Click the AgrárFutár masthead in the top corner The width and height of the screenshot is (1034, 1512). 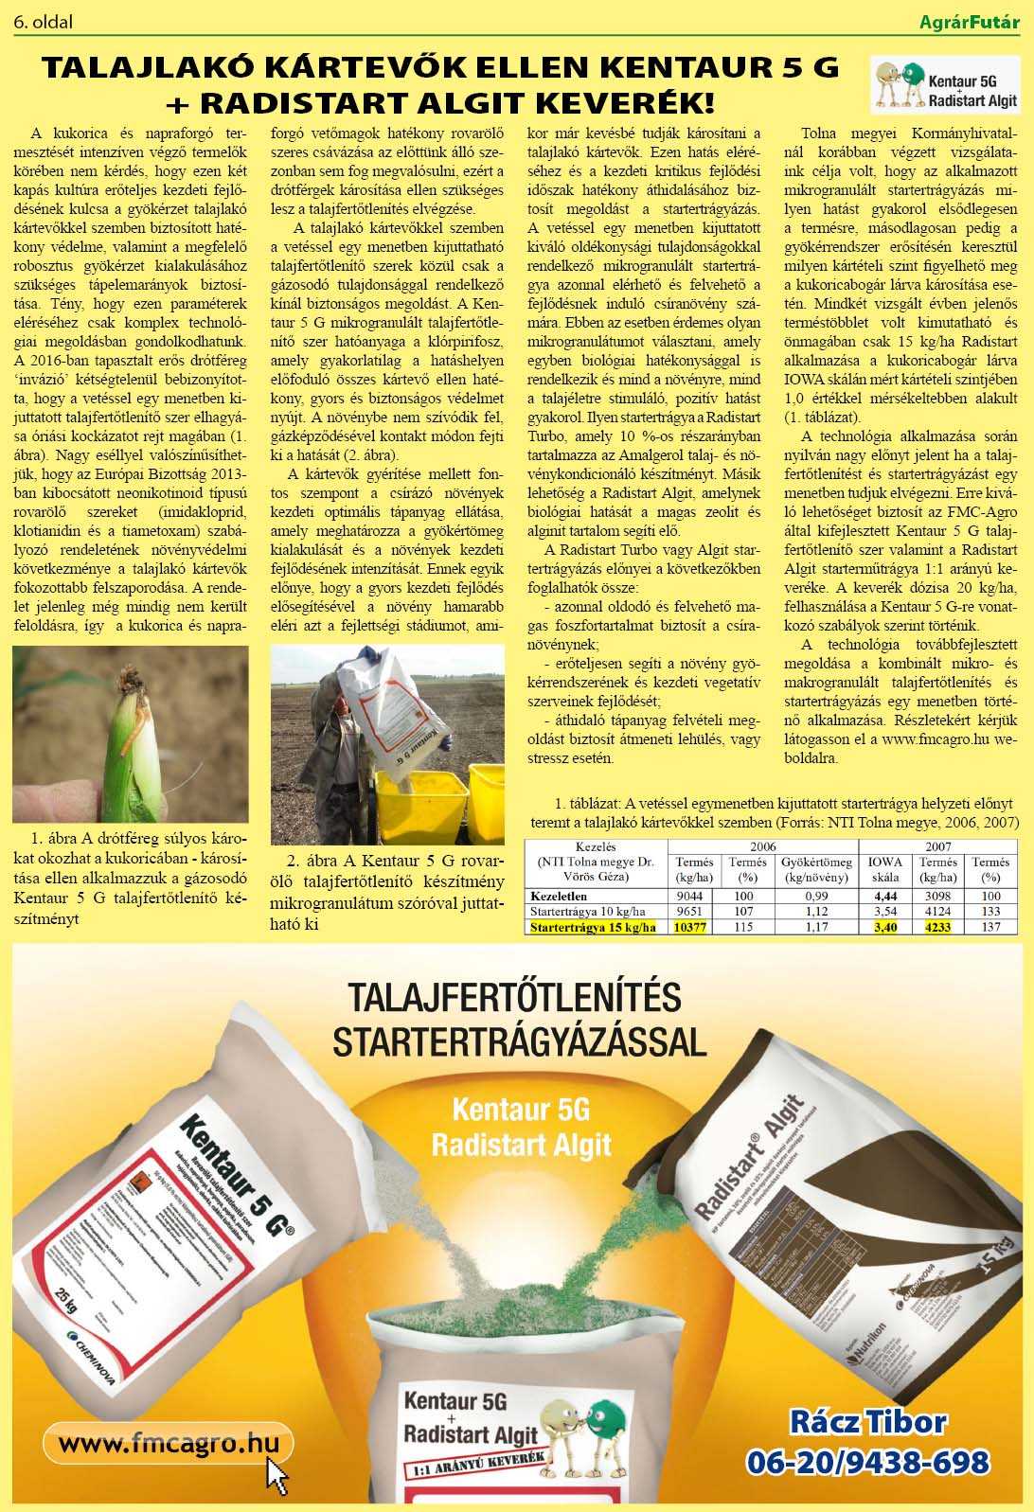[x=969, y=21]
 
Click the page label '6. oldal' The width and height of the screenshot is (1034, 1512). [x=44, y=21]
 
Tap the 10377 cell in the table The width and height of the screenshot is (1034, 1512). [x=690, y=927]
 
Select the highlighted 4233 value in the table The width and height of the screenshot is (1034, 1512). [x=937, y=927]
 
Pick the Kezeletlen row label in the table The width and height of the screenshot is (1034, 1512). [x=560, y=896]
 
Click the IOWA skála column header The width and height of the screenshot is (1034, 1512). [x=885, y=869]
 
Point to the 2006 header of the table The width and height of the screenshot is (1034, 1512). [x=762, y=846]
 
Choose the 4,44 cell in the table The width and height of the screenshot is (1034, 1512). [x=885, y=896]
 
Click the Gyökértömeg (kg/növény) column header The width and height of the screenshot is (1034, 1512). [x=816, y=869]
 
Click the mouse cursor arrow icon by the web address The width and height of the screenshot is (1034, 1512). [x=277, y=1473]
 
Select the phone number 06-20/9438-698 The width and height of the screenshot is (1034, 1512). [x=867, y=1462]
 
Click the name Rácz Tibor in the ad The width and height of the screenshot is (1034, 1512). [x=867, y=1422]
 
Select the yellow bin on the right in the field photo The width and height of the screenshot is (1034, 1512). [x=486, y=801]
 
